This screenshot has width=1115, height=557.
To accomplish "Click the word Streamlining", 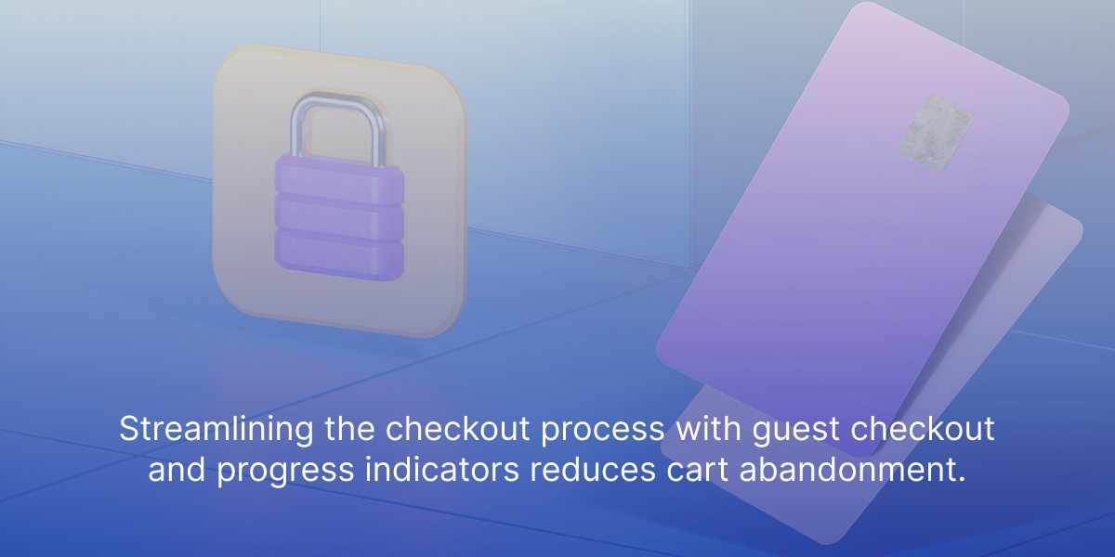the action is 216,430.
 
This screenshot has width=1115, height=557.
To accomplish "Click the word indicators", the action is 442,469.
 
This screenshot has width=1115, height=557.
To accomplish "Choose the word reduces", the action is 593,470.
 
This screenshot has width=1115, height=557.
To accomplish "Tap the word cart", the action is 698,470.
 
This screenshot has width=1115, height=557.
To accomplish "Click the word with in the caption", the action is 708,428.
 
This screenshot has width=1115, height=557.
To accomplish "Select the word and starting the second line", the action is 177,469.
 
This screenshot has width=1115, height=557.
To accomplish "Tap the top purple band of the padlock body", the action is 339,179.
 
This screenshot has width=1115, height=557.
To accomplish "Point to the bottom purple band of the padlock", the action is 339,254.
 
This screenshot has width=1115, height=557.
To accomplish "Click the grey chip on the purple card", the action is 936,134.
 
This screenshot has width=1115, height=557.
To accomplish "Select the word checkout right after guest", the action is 923,428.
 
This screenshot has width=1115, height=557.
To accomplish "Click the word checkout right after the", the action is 457,428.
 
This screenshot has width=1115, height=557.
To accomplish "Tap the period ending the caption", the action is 961,479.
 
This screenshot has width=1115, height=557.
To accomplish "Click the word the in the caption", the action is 349,428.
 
